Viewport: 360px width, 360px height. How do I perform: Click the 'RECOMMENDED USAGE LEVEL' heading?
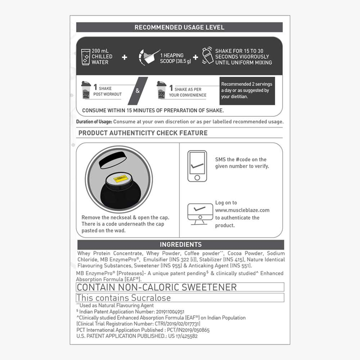(x=179, y=27)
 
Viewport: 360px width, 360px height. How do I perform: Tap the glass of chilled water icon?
(x=86, y=57)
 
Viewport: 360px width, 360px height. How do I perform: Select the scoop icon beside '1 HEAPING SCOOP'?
(x=148, y=57)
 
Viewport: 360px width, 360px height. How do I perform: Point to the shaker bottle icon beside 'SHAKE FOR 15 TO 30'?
(x=207, y=56)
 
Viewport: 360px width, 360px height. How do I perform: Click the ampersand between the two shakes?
(x=138, y=91)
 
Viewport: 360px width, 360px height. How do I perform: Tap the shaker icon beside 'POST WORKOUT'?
(x=86, y=90)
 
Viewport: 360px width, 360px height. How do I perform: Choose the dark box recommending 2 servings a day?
(x=247, y=90)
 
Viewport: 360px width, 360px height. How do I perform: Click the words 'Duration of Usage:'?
(x=94, y=122)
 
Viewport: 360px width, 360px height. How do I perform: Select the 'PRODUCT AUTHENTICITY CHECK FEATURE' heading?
(x=143, y=133)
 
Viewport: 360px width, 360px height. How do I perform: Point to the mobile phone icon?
(x=197, y=166)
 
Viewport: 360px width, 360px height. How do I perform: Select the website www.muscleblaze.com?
(x=242, y=210)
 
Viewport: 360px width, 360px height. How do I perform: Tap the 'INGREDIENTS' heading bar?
(x=180, y=245)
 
